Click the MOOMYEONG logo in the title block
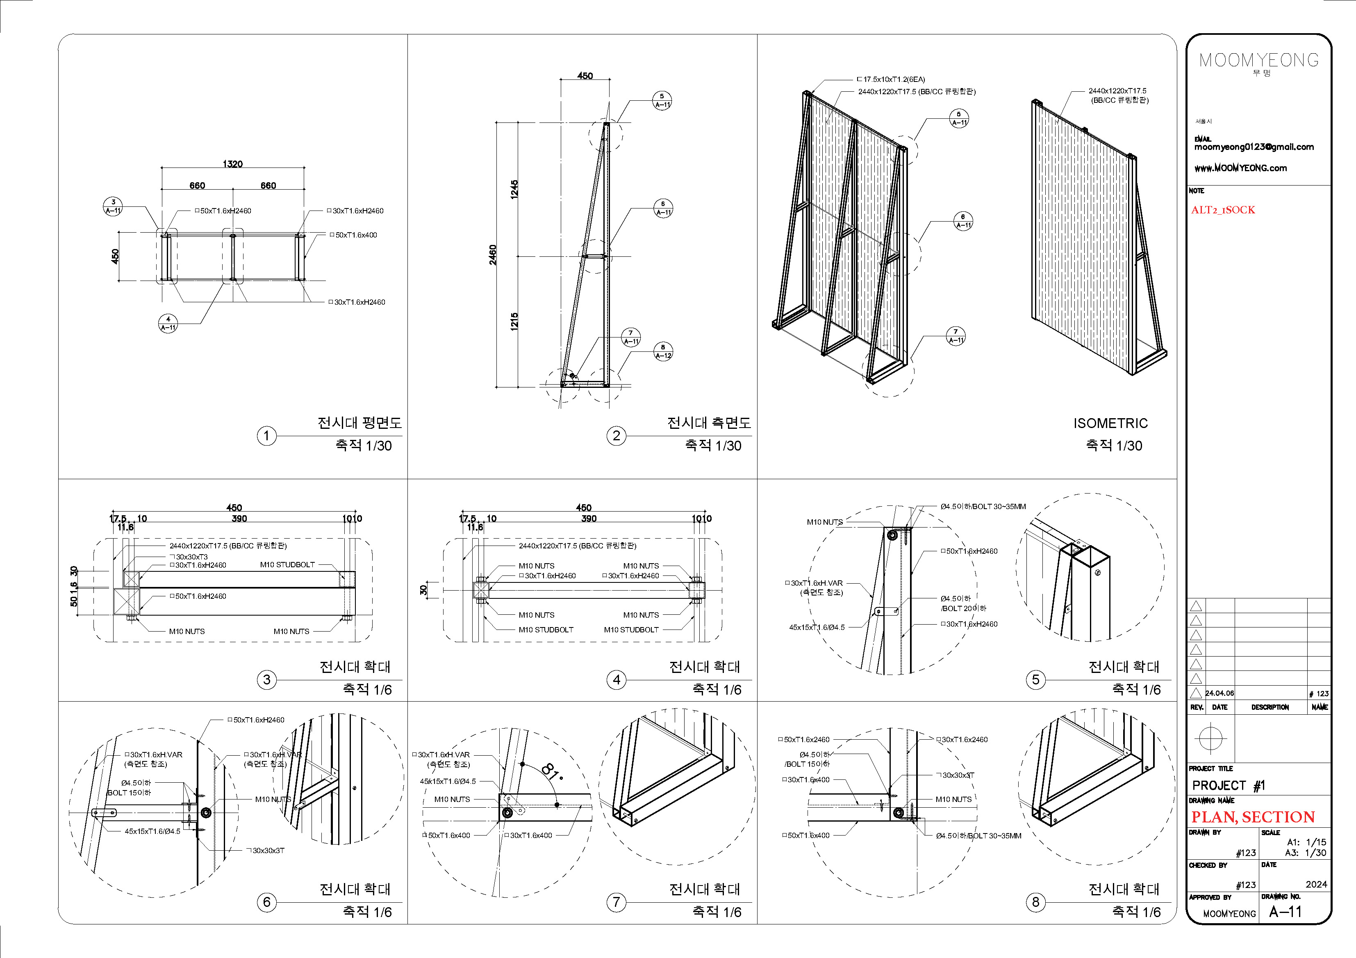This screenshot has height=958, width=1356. (1258, 60)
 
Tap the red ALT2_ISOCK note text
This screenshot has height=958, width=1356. (1222, 210)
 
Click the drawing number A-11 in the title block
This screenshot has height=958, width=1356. (1285, 911)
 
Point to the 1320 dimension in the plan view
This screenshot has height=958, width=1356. (233, 163)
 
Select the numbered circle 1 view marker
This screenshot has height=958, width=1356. (266, 436)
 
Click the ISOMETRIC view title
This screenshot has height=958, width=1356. (1110, 423)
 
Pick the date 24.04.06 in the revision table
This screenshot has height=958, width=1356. (1219, 693)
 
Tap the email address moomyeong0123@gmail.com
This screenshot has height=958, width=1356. (1254, 147)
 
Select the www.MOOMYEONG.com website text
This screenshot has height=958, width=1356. (1240, 168)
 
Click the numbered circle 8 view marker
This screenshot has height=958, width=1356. (1035, 902)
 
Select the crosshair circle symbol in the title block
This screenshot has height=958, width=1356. (1210, 738)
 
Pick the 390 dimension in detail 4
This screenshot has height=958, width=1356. (589, 518)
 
